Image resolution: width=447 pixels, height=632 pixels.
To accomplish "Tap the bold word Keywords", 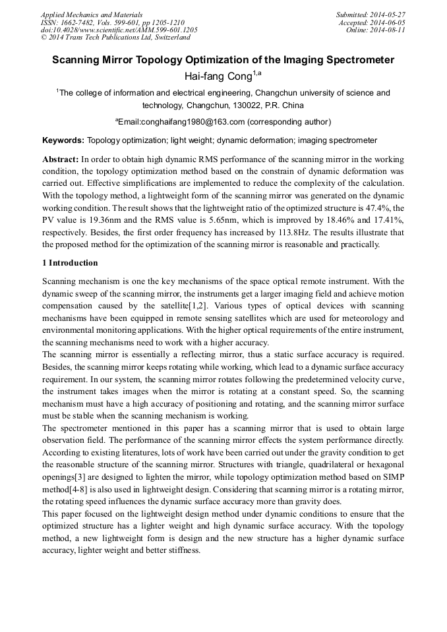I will [63, 140].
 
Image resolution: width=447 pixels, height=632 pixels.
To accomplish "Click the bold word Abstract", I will [60, 159].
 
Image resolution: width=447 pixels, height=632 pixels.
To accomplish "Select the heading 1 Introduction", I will [70, 263].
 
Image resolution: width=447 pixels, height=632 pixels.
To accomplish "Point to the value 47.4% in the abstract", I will [378, 207].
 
